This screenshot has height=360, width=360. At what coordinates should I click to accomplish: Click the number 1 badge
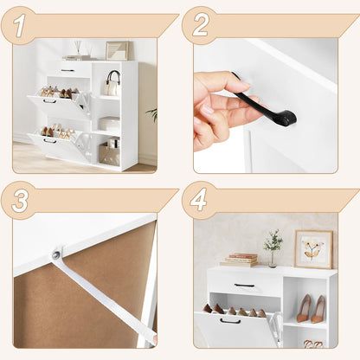point(19,25)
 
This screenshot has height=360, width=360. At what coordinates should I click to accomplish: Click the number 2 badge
point(201,25)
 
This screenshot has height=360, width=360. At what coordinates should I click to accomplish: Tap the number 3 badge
point(19,200)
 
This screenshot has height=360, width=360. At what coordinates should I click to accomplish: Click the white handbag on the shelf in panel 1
point(112,85)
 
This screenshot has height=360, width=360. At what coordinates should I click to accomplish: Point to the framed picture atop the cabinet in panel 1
point(116,50)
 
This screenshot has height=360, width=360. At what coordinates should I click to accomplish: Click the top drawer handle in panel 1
point(67,70)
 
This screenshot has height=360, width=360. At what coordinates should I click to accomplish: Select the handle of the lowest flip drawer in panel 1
point(49,141)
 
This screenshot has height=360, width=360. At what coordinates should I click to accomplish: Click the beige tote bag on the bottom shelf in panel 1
point(110,153)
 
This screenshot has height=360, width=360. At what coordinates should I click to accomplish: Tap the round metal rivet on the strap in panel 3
point(57,254)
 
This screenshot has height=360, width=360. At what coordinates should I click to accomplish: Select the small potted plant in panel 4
point(273,246)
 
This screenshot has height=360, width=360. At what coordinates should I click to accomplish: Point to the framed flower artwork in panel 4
point(312,249)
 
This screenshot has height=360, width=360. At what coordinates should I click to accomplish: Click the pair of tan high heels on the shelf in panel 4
point(311,309)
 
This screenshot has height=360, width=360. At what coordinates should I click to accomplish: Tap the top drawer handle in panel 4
point(244,285)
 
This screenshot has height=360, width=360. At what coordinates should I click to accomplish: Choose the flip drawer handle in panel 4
point(229,321)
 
